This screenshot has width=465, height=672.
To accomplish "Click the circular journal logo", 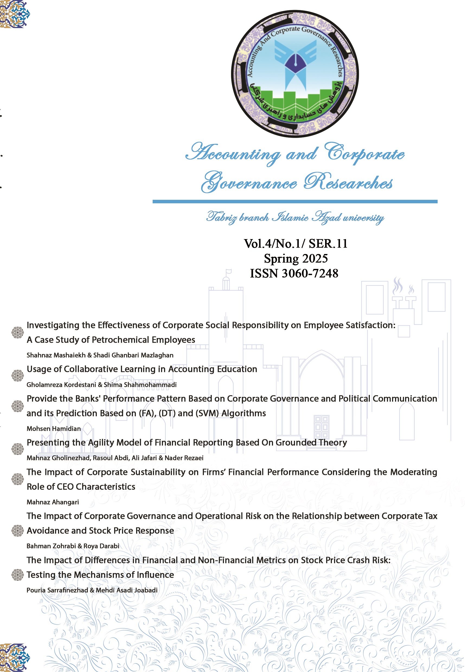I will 295,74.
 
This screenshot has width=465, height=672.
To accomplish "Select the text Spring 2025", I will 296,259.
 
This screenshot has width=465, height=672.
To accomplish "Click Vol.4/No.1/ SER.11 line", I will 296,244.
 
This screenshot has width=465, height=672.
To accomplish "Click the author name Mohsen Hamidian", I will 54,429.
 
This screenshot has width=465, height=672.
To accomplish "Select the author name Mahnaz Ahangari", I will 53,502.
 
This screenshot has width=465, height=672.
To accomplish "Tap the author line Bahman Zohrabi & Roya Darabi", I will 73,546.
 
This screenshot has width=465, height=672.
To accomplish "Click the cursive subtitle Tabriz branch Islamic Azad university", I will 295,218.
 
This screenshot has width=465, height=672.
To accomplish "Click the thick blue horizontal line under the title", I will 295,202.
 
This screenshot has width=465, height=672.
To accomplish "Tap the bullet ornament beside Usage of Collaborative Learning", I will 17,375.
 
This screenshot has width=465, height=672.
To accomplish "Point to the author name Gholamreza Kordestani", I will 61,384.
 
